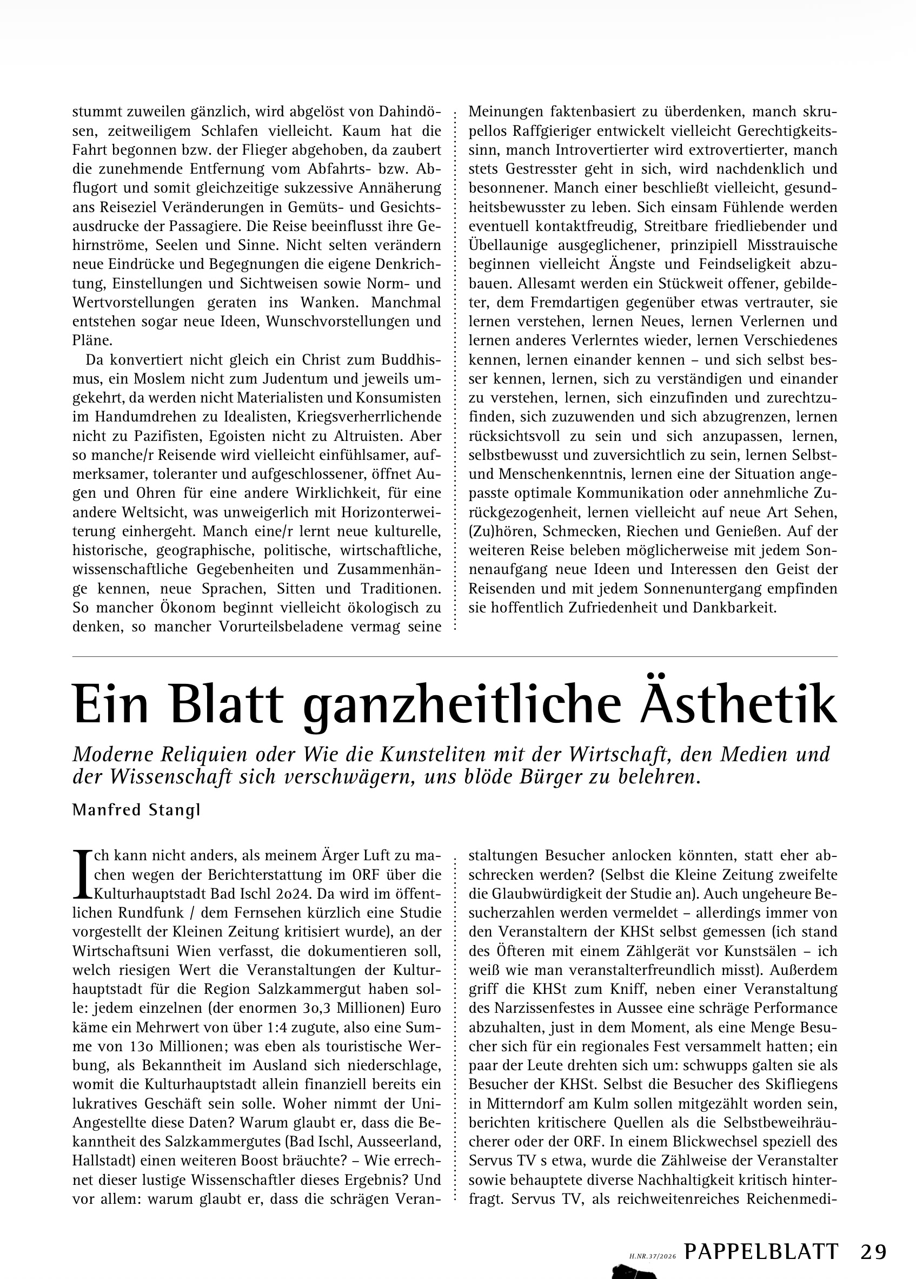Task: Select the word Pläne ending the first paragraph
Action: [92, 341]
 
